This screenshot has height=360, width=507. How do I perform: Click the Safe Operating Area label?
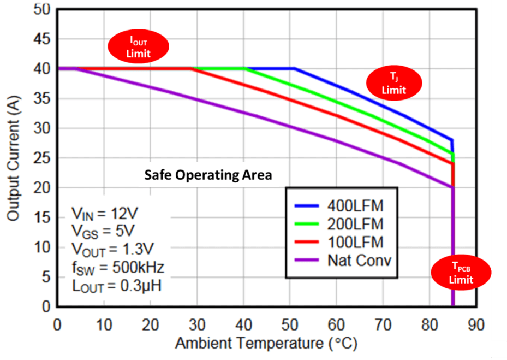[207, 176]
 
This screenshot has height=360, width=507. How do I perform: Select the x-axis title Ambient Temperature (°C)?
[266, 344]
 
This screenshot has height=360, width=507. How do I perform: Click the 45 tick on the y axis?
[42, 39]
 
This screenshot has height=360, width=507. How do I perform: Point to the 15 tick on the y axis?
[42, 218]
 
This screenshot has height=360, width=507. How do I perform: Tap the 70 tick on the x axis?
[384, 324]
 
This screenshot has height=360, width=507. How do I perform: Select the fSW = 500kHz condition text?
[117, 267]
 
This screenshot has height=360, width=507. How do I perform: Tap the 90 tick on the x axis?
[476, 324]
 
